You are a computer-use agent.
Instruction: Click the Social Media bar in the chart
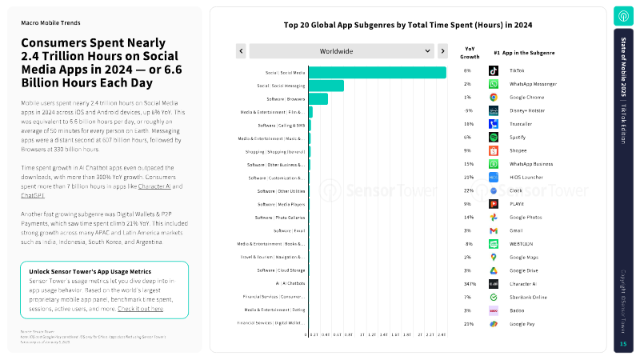point(377,72)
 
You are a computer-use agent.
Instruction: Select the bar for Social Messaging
point(326,86)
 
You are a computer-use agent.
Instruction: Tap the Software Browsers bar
point(318,98)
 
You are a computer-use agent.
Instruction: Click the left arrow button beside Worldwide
point(241,51)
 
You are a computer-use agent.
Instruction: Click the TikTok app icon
point(494,71)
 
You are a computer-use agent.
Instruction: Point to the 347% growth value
point(470,284)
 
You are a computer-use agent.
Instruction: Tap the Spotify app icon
point(494,138)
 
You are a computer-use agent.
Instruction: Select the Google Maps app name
point(524,257)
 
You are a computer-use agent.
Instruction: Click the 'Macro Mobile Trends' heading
point(50,23)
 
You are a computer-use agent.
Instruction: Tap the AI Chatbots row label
point(290,283)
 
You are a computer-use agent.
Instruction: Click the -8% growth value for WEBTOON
point(469,244)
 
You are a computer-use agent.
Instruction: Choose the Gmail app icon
point(494,230)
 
